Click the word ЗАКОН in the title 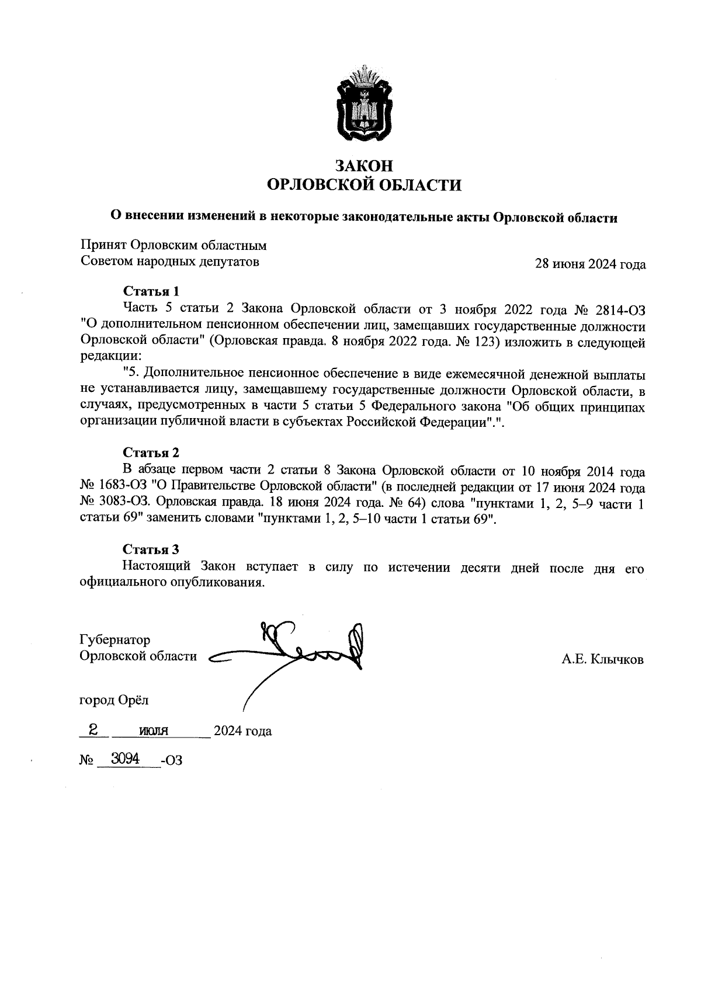tap(364, 166)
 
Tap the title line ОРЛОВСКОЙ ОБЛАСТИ tap(364, 186)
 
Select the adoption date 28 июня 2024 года tap(591, 265)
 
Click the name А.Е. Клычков tap(602, 660)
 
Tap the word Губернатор tap(114, 640)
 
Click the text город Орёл tap(114, 700)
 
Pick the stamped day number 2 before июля tap(92, 729)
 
